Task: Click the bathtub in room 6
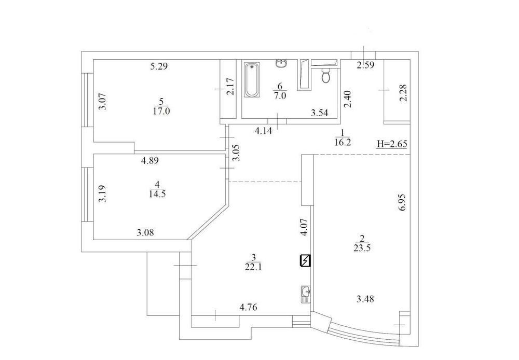pos(252,80)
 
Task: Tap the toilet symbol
pos(326,75)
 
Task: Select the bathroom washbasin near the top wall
pos(282,63)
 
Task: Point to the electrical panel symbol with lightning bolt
pos(305,261)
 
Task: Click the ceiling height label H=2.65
pos(392,144)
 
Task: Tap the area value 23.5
pos(362,248)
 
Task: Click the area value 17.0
pos(161,111)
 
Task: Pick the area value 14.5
pos(158,193)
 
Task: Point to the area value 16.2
pos(342,143)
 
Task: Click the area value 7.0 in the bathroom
pos(280,96)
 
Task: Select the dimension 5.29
pos(159,66)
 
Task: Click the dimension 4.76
pos(248,308)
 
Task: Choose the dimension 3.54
pos(319,113)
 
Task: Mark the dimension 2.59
pos(365,65)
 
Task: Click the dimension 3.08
pos(145,233)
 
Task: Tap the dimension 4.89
pos(150,161)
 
